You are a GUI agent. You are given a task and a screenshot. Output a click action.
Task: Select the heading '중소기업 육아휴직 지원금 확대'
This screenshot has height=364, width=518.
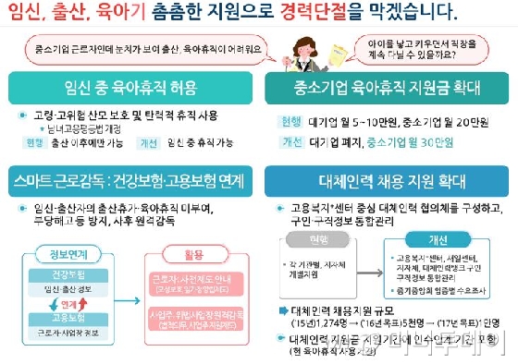click(386, 91)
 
